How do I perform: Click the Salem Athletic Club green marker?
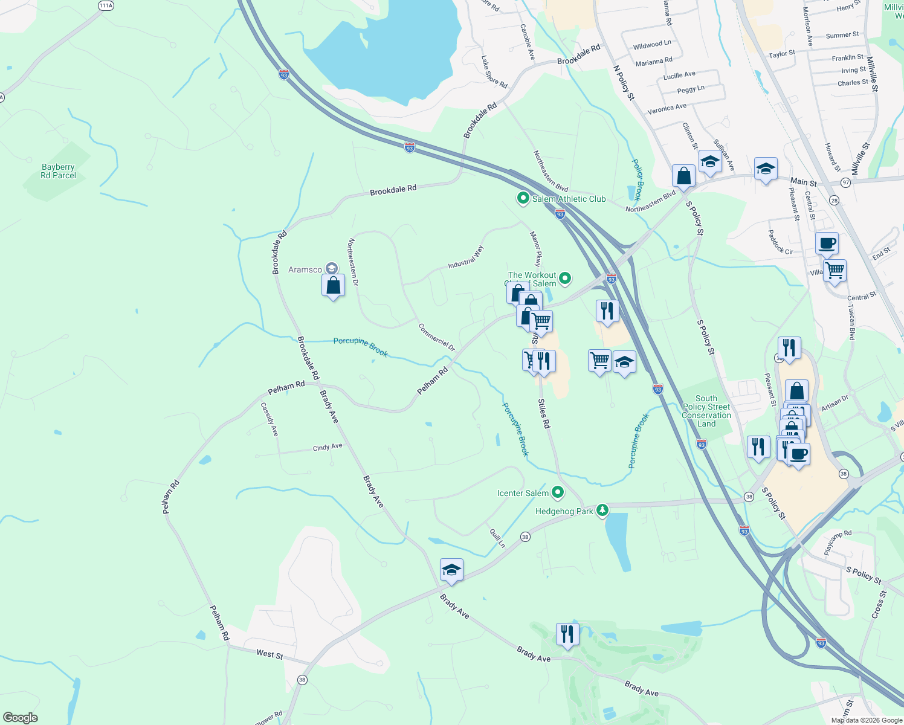pyautogui.click(x=523, y=198)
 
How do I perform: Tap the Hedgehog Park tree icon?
pyautogui.click(x=602, y=511)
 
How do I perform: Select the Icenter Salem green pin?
pyautogui.click(x=558, y=492)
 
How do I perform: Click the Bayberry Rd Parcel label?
pyautogui.click(x=59, y=171)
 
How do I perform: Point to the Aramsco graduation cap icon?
pyautogui.click(x=331, y=268)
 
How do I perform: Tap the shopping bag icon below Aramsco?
pyautogui.click(x=333, y=285)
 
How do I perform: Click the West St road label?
pyautogui.click(x=270, y=654)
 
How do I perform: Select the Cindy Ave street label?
pyautogui.click(x=328, y=447)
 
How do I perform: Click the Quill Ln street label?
pyautogui.click(x=497, y=538)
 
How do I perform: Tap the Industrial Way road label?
pyautogui.click(x=466, y=257)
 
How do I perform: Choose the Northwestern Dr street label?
pyautogui.click(x=353, y=262)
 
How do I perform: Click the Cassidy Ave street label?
pyautogui.click(x=270, y=419)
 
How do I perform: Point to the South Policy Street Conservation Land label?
pyautogui.click(x=706, y=411)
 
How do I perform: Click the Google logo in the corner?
pyautogui.click(x=21, y=718)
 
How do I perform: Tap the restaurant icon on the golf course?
pyautogui.click(x=567, y=634)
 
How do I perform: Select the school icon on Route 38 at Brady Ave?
pyautogui.click(x=451, y=570)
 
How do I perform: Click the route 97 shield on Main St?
pyautogui.click(x=845, y=182)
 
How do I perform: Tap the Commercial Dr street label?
pyautogui.click(x=436, y=337)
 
